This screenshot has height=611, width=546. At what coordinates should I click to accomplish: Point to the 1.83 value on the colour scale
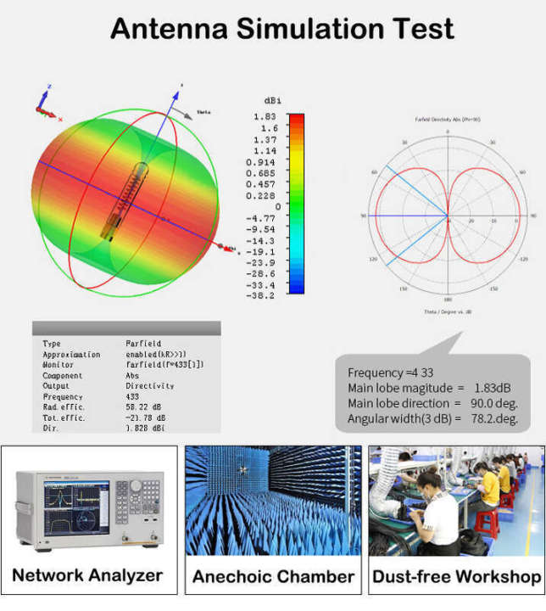[265, 116]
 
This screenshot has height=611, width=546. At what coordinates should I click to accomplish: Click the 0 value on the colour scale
[276, 206]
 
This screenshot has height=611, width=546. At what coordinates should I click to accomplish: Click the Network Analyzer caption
[87, 575]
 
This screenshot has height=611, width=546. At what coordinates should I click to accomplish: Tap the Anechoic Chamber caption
[273, 577]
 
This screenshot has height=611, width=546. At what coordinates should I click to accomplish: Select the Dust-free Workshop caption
[456, 577]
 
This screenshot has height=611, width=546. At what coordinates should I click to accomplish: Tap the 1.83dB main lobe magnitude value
[488, 388]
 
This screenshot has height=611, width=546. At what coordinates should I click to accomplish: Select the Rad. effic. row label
[63, 407]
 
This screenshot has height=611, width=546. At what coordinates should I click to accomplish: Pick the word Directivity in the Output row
[150, 386]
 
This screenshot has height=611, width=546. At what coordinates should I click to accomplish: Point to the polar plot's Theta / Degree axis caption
[448, 312]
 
